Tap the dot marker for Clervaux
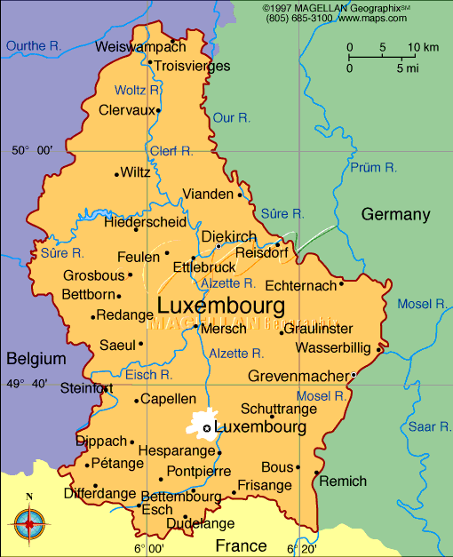point(158,111)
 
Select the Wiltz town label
point(136,172)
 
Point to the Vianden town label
point(208,194)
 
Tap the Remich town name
point(342,481)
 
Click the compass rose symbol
point(29,523)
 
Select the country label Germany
point(395,214)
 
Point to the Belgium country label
point(36,359)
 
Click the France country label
point(241,545)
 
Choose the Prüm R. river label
point(373,167)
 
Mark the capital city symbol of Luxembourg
point(207,428)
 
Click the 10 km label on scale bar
point(421,47)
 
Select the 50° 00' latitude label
point(32,151)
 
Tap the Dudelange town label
point(201,523)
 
